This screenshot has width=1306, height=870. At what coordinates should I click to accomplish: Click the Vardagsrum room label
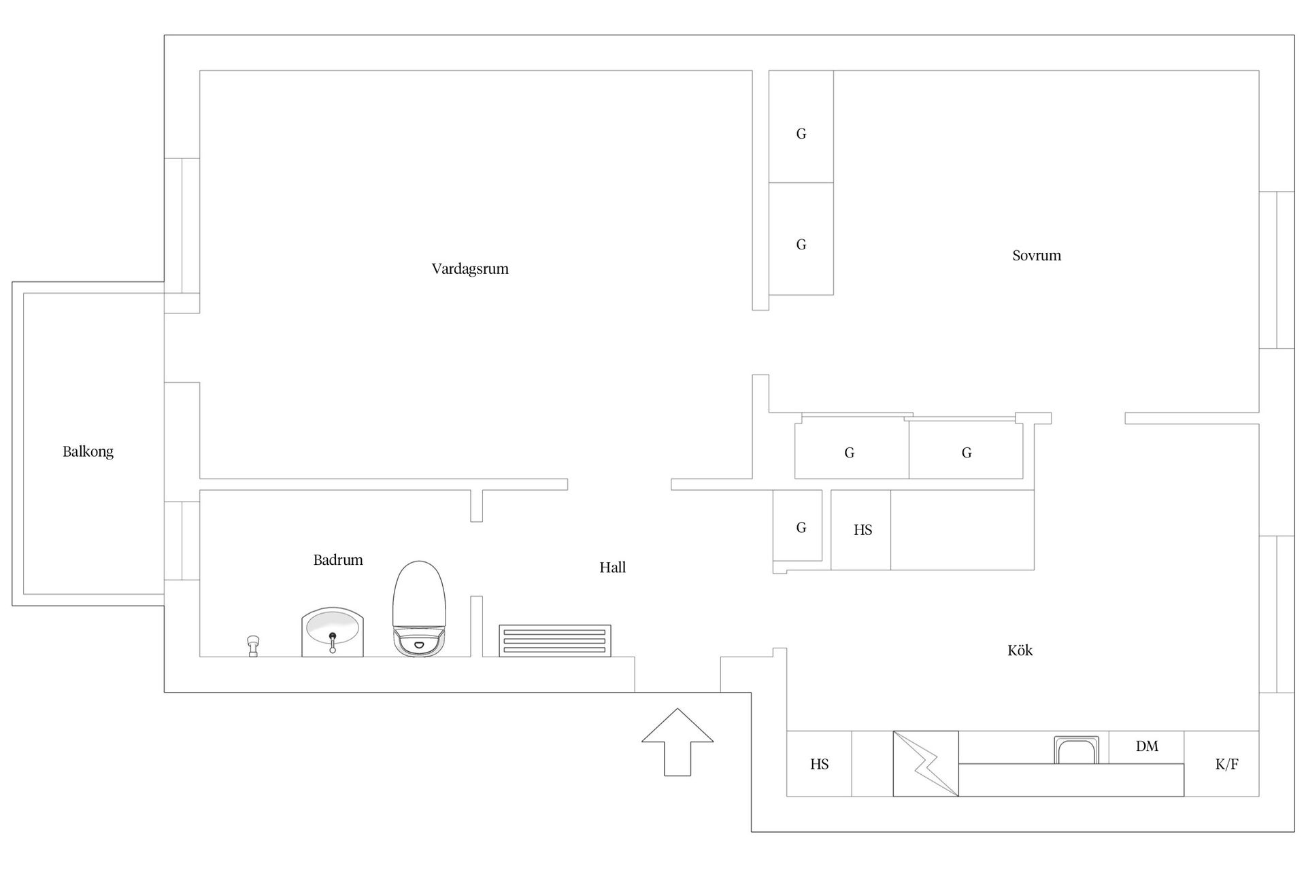point(470,268)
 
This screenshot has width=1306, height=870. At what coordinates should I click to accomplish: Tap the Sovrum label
point(1037,256)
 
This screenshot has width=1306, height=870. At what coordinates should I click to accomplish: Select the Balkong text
point(88,452)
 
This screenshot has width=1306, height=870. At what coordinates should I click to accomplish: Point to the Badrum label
point(338,560)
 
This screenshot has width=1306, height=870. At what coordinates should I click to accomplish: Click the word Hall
point(612,568)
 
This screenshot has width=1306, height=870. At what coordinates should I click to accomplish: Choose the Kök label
point(1020,650)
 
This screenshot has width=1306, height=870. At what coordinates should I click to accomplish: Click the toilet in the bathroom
point(419,608)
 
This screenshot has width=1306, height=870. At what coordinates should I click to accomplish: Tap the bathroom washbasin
point(333,632)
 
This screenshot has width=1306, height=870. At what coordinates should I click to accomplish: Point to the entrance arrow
point(677,742)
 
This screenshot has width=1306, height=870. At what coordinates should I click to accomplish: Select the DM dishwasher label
point(1147,746)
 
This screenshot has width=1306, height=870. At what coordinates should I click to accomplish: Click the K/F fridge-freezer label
point(1226,764)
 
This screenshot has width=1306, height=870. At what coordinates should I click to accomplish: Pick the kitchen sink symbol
point(1076,750)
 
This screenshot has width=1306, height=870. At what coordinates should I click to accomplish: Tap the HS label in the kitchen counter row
point(819,764)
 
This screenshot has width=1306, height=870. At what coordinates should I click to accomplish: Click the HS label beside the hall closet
point(863,529)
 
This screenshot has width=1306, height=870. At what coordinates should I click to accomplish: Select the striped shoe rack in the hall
point(555,641)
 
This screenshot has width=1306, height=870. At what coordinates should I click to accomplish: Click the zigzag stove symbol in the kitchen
point(926,764)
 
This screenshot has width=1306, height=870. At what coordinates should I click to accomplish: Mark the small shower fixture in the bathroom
point(253,646)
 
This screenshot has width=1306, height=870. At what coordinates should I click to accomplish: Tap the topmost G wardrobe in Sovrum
point(801,126)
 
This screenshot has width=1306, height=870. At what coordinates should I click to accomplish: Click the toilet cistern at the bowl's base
point(419,642)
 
